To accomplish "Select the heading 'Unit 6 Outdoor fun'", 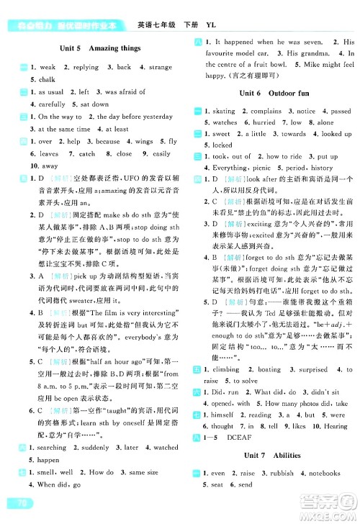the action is pos(269,94).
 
